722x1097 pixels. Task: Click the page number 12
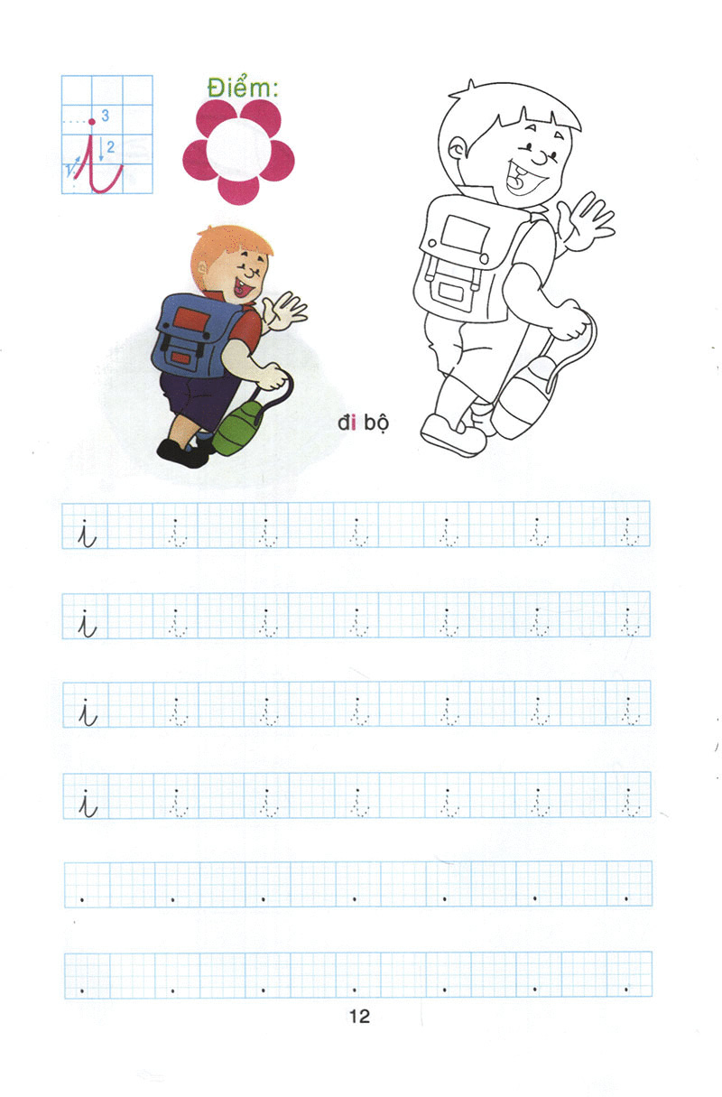[x=359, y=1017]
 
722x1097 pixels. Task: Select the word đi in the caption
[x=347, y=423]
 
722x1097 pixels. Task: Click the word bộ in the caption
[x=375, y=423]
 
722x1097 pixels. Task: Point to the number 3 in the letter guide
[x=106, y=116]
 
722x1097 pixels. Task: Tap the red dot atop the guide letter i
[x=91, y=121]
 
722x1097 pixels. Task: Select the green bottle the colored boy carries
[x=236, y=428]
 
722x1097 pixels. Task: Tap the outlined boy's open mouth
[x=521, y=180]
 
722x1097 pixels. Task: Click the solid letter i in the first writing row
[x=87, y=533]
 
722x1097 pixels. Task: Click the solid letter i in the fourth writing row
[x=87, y=803]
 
